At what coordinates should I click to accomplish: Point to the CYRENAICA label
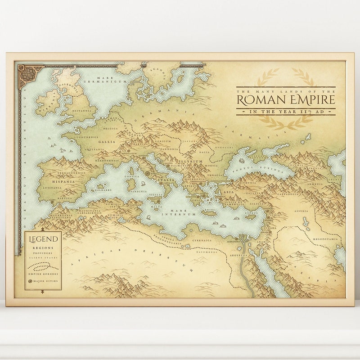pyautogui.click(x=202, y=240)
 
